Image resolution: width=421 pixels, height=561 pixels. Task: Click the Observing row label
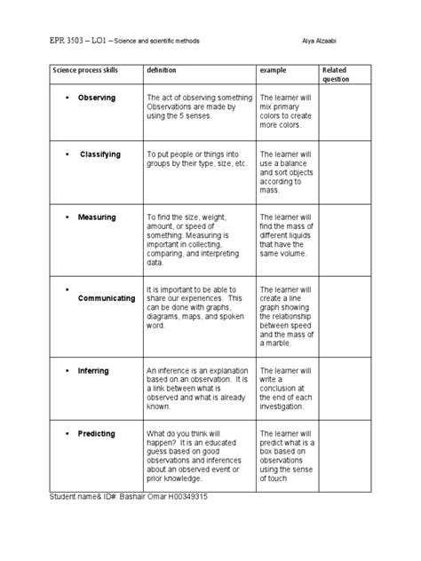(x=96, y=97)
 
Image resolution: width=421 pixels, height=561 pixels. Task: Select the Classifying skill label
(x=99, y=154)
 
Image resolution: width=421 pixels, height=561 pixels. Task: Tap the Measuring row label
(x=97, y=217)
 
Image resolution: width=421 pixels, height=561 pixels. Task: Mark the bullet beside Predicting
(x=68, y=431)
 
